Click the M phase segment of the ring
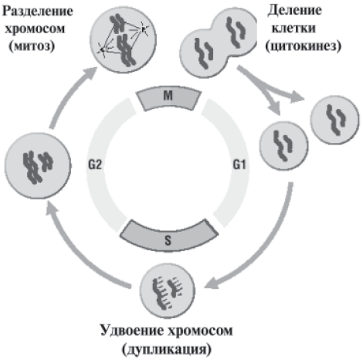(168, 98)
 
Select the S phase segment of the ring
(168, 237)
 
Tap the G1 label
(239, 165)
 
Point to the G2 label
(95, 165)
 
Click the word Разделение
(38, 12)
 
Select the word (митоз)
(32, 46)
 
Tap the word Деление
(294, 11)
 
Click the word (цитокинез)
(304, 46)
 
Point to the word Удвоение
(131, 331)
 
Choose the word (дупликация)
(167, 349)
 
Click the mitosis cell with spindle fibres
(123, 40)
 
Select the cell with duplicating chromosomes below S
(168, 290)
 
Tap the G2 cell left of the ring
(38, 165)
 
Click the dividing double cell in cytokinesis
(219, 42)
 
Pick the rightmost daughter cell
(334, 120)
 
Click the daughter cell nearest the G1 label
(283, 146)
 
